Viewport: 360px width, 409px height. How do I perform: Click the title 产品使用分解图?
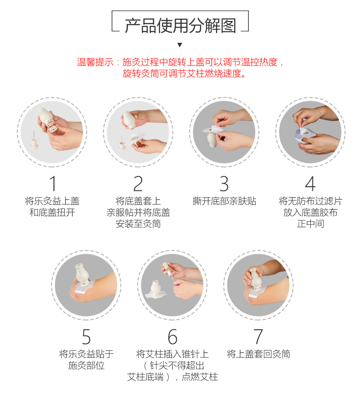point(180,26)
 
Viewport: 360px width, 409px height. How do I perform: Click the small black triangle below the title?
point(180,45)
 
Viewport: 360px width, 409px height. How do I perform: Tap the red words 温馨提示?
point(95,62)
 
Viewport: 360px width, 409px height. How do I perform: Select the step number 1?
point(53,184)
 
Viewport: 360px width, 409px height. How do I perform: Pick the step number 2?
point(138,184)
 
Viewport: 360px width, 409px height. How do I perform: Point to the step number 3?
point(224,184)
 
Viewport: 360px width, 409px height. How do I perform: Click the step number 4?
point(310,184)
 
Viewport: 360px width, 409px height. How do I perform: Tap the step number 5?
point(87,337)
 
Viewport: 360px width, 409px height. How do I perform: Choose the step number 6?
point(172,337)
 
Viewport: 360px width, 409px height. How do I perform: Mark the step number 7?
point(258,337)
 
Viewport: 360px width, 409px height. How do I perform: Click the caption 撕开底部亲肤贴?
point(224,201)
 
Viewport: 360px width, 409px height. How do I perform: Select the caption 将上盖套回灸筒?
point(258,354)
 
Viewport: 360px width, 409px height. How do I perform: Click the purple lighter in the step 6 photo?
point(176,285)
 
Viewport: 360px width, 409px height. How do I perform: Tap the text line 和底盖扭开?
point(52,212)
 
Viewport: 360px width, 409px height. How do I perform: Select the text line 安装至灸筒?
point(138,224)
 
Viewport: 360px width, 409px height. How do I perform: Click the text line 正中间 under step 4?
point(310,224)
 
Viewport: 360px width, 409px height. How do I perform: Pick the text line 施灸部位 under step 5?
point(87,365)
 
